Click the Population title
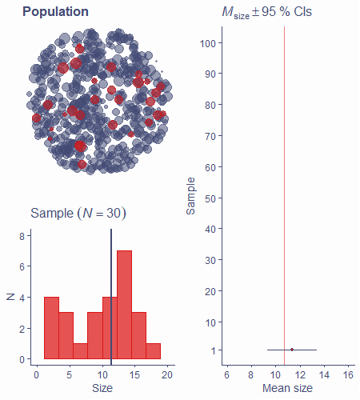click(x=55, y=12)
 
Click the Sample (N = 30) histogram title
click(x=78, y=214)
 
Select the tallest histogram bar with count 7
click(x=124, y=305)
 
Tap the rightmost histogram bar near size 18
click(x=154, y=351)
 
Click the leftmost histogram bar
click(x=51, y=328)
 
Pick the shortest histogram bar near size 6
click(x=81, y=351)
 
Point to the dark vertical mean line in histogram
click(x=111, y=297)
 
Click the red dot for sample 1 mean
click(x=292, y=350)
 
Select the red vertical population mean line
click(x=284, y=195)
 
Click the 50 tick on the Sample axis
click(x=210, y=198)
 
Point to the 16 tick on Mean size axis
click(x=349, y=375)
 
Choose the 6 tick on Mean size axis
click(x=227, y=375)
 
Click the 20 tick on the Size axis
click(x=167, y=375)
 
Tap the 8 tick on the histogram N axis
click(x=22, y=236)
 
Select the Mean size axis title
click(x=287, y=388)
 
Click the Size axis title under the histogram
click(x=102, y=388)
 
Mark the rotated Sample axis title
click(x=191, y=196)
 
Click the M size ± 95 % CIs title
click(x=266, y=13)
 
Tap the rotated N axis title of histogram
click(x=10, y=297)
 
